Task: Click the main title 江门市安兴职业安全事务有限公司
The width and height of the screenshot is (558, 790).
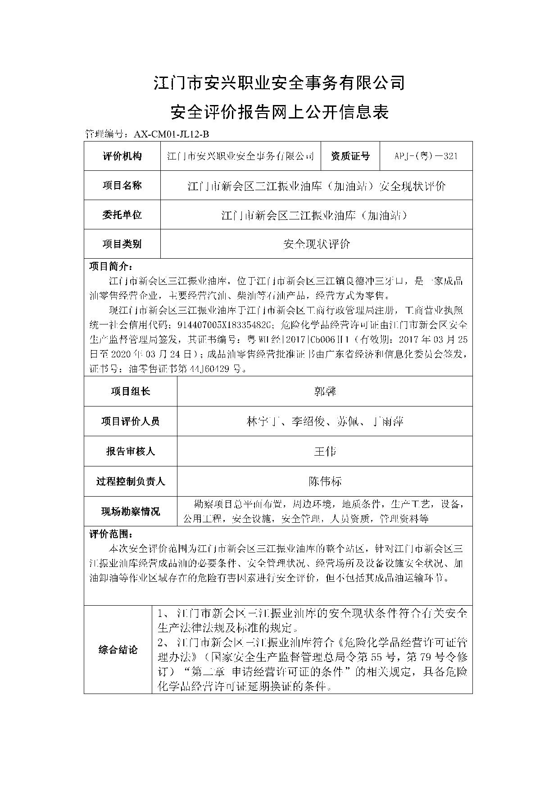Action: click(x=279, y=82)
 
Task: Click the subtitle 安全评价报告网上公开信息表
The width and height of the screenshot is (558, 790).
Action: click(x=279, y=112)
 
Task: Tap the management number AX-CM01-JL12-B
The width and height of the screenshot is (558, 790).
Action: click(x=169, y=134)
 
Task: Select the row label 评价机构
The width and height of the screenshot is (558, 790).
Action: click(x=122, y=156)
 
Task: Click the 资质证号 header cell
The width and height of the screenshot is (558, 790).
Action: click(x=350, y=156)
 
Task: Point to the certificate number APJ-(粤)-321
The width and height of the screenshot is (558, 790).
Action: click(x=426, y=156)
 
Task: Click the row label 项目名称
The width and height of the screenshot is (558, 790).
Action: click(x=122, y=185)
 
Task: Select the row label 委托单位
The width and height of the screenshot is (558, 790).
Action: click(x=122, y=215)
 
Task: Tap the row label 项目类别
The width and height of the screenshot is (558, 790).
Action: click(x=122, y=244)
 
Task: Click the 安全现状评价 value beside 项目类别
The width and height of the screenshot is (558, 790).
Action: click(x=317, y=244)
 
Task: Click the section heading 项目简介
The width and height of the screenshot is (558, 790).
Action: click(x=110, y=266)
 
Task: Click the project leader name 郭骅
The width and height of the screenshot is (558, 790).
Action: click(x=325, y=391)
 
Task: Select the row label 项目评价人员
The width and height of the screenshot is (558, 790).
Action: click(x=130, y=421)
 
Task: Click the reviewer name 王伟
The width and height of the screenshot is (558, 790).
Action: click(x=325, y=451)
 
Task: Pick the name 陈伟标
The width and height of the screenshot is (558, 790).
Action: click(x=325, y=481)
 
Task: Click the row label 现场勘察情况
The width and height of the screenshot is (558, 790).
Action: click(x=130, y=511)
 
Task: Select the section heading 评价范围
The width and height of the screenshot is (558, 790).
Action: click(x=110, y=534)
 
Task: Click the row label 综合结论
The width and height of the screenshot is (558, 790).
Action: click(x=118, y=649)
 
